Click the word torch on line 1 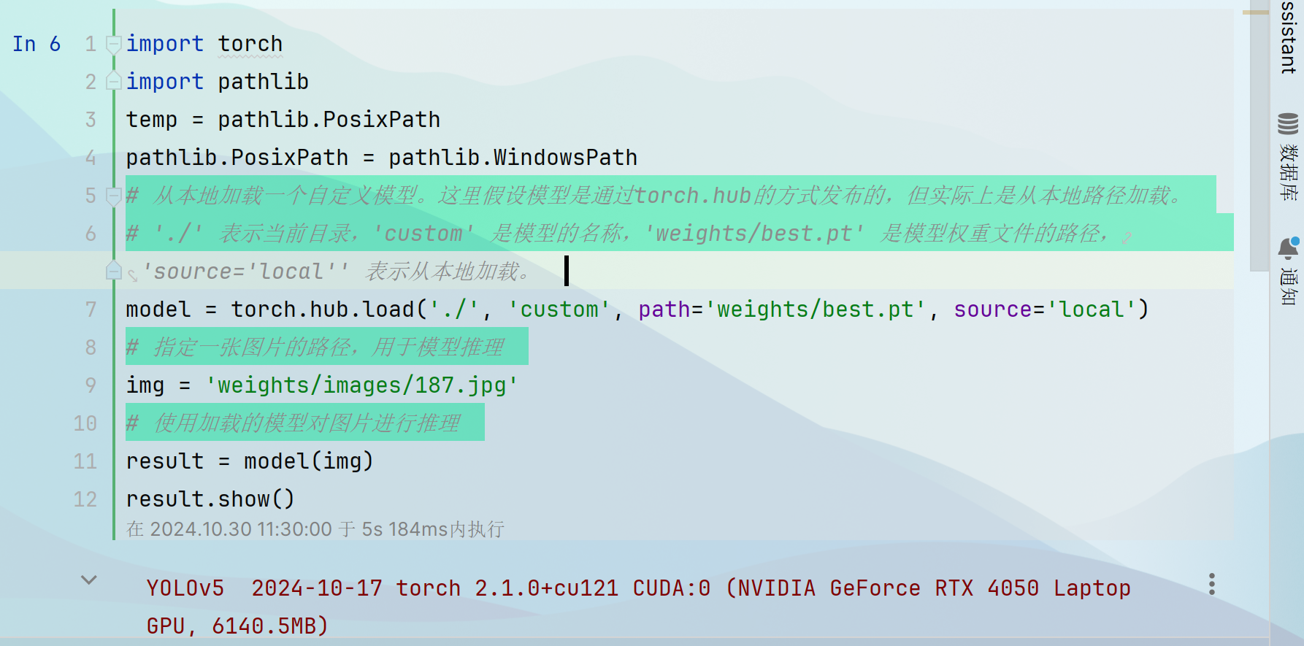[250, 44]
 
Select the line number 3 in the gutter [91, 120]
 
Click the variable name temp [151, 120]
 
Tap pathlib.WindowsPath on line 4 [513, 158]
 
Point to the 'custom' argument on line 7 [559, 309]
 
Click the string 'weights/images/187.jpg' [362, 385]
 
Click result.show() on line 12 [210, 499]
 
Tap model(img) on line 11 [308, 461]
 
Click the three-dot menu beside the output [1211, 584]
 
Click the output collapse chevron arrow [89, 580]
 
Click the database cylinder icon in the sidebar [1288, 124]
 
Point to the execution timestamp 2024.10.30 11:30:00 [241, 529]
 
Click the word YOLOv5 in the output [185, 588]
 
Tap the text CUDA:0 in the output [671, 588]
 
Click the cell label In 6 [37, 44]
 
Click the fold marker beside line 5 [113, 196]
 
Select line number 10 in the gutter [85, 423]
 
